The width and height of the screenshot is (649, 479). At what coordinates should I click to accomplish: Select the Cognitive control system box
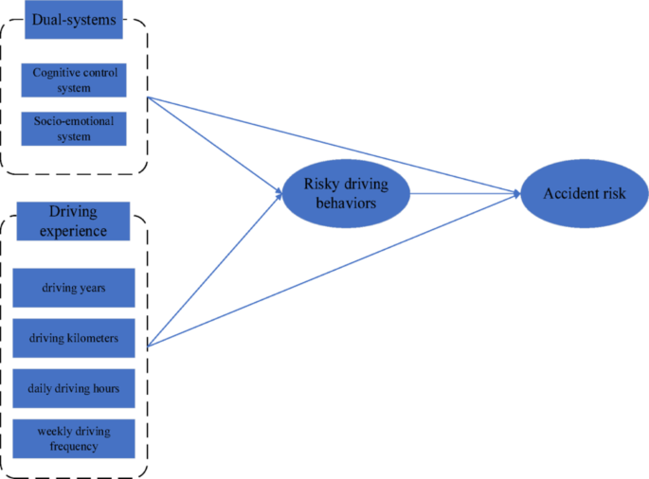click(73, 80)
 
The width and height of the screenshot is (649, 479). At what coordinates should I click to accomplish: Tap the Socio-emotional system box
click(73, 129)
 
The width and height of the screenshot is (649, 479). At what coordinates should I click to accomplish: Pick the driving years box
click(73, 288)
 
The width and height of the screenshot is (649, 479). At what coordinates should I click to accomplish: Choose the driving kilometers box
click(73, 338)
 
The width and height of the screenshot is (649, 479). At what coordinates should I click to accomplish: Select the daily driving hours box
click(73, 388)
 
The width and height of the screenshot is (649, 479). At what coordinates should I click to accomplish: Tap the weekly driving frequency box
click(73, 438)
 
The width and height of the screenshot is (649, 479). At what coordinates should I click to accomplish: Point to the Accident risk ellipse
click(584, 193)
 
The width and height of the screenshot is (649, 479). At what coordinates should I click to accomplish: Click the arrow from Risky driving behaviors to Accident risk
click(464, 193)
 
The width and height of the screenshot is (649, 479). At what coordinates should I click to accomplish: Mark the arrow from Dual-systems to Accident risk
click(332, 143)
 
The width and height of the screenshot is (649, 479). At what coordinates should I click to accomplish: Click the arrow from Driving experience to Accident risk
click(332, 271)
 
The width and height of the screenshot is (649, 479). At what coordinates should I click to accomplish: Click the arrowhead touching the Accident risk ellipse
click(516, 193)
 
